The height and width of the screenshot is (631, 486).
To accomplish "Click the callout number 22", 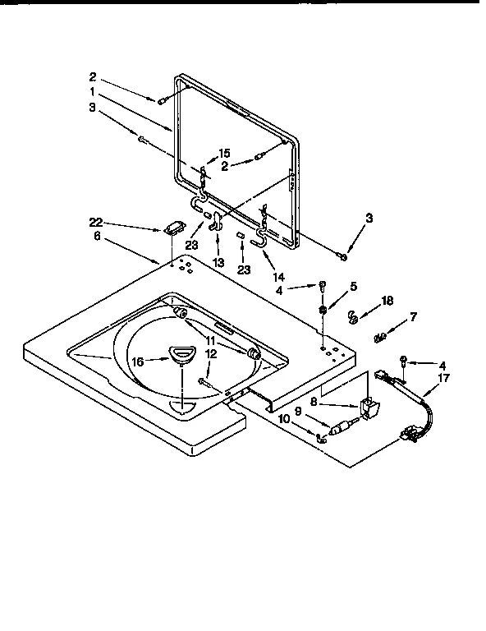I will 97,222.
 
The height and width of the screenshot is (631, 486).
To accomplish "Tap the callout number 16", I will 138,359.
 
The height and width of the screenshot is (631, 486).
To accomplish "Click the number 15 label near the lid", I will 224,153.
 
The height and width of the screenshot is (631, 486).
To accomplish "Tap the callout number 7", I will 413,316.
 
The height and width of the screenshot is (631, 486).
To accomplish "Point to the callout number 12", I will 211,353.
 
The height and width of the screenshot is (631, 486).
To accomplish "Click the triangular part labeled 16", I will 180,353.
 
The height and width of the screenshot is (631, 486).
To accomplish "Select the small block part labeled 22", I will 173,229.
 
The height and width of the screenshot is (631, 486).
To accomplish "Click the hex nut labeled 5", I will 323,311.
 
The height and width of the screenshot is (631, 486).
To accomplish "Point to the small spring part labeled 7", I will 379,336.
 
